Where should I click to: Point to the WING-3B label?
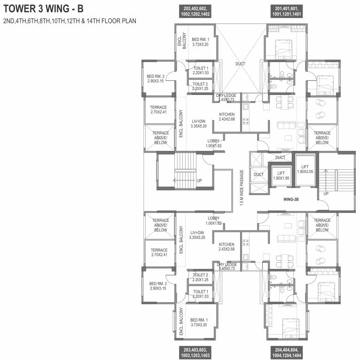click(291, 199)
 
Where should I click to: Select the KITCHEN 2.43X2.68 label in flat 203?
click(227, 247)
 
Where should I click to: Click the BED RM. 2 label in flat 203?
click(157, 286)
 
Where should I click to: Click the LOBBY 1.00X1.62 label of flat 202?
click(213, 143)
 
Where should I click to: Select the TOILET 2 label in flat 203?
click(200, 277)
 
